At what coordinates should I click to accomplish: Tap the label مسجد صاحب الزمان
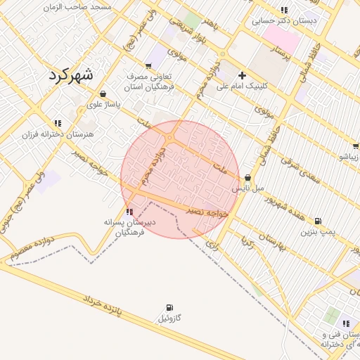tap(77, 7)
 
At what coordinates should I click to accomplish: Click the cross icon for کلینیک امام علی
tap(243, 75)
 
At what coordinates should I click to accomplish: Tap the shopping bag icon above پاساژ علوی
tap(103, 94)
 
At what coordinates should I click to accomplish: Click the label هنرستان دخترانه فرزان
tap(58, 134)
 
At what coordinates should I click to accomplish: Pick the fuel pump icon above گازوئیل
tap(169, 307)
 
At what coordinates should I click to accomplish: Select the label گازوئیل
tap(169, 319)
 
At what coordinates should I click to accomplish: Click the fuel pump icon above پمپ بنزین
tap(318, 220)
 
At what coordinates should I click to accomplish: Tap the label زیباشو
tap(349, 157)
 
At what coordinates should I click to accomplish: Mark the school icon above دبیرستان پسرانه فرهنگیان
tap(129, 211)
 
